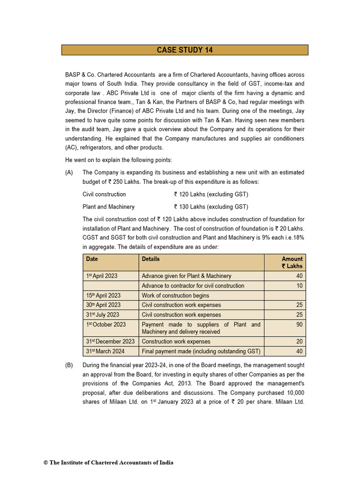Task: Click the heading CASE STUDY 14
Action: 185,50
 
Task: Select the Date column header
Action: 92,259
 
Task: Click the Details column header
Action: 150,259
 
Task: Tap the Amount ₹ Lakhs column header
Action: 292,262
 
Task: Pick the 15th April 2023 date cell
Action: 103,295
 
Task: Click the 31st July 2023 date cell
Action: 102,315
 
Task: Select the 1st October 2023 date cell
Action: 105,324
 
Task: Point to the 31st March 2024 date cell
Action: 105,351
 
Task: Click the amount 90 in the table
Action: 299,324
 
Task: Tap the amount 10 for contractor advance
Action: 299,285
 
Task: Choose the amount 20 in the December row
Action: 299,341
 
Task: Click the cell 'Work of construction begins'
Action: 175,295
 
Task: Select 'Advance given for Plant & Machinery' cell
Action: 186,276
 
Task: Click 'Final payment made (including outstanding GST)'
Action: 201,351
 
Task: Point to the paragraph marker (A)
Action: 69,172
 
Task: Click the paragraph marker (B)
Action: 69,365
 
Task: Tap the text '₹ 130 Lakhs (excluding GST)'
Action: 210,207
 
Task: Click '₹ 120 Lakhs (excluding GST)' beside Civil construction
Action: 210,194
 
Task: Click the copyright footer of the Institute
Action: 108,463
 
